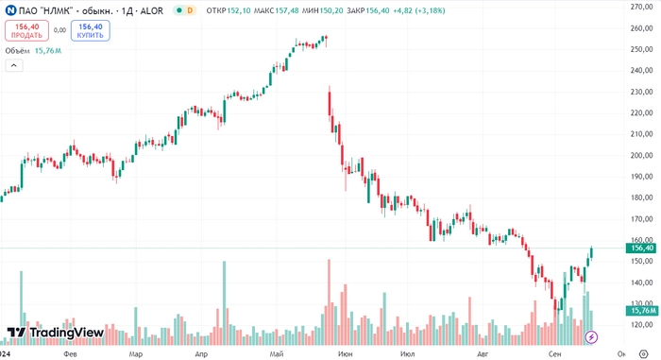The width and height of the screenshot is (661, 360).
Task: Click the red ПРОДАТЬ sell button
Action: coord(26,30)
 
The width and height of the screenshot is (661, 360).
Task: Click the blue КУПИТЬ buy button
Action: coord(91,30)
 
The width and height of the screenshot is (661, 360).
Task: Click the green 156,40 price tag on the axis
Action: coord(640,248)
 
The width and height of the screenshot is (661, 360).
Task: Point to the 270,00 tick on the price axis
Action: coord(644,6)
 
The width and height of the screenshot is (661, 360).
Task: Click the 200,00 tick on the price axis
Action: coord(644,156)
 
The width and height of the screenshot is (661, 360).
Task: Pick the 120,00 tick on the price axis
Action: coord(644,325)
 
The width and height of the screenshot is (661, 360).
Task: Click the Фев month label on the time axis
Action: coord(69,353)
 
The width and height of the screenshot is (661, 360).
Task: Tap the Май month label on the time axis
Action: coord(276,353)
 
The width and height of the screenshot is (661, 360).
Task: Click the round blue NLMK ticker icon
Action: coord(10,9)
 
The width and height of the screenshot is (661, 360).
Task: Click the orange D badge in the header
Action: coord(190,9)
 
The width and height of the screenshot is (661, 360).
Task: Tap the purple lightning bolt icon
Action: coord(592,336)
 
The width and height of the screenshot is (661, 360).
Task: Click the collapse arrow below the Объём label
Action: coord(14,65)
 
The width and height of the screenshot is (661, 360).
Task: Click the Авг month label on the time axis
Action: coord(483,353)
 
